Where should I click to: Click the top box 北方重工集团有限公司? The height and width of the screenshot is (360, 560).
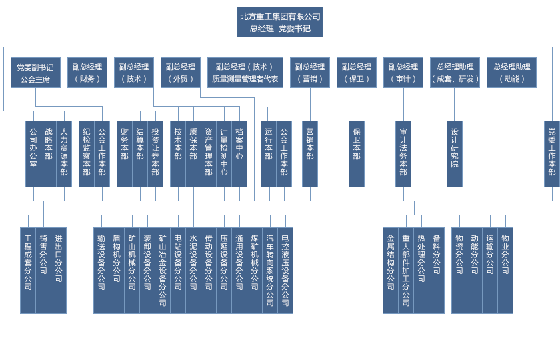(x=280, y=22)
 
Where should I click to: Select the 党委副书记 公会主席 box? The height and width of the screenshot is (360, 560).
(x=35, y=73)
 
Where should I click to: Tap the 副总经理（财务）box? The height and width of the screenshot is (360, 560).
(x=87, y=73)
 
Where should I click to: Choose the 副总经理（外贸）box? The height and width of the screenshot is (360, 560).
(x=180, y=73)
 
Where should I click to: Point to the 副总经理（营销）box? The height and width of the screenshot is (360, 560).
(x=309, y=73)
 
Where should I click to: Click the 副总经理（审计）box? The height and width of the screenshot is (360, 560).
(x=403, y=73)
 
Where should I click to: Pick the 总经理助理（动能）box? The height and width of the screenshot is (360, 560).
(x=512, y=73)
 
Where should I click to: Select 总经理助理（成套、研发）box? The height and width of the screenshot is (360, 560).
(x=455, y=73)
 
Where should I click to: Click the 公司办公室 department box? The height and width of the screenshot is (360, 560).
(x=33, y=153)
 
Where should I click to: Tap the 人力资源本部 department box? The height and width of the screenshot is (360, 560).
(x=64, y=153)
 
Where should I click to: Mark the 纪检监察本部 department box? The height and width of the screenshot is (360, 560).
(x=87, y=153)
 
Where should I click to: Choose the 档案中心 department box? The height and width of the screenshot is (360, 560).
(x=239, y=153)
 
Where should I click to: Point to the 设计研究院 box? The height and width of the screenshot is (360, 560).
(x=455, y=153)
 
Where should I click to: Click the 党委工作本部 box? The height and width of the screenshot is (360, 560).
(x=551, y=153)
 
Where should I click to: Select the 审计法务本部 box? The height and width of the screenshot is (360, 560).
(x=403, y=153)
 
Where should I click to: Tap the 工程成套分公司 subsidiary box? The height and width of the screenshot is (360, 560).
(x=28, y=270)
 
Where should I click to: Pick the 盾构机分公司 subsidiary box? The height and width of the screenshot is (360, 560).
(x=117, y=270)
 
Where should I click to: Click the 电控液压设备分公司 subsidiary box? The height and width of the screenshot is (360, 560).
(x=285, y=270)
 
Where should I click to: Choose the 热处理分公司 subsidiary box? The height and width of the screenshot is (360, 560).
(x=421, y=270)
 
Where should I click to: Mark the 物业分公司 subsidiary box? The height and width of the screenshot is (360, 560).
(x=505, y=270)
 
